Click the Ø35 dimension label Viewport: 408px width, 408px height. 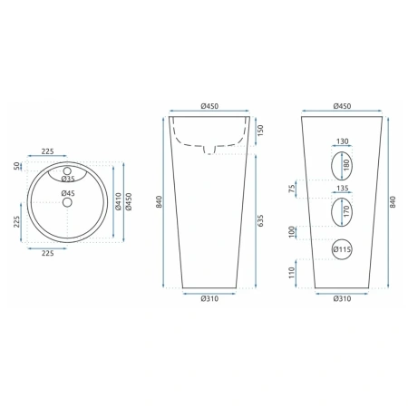68,179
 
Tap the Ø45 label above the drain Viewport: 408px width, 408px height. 68,193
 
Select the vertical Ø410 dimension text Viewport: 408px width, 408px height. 118,201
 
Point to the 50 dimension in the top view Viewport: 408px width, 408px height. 17,166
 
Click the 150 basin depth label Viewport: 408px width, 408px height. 260,130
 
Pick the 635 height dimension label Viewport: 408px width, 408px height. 260,220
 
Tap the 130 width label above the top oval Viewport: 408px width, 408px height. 342,141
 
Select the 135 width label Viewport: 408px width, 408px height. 342,188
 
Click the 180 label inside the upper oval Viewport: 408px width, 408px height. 346,165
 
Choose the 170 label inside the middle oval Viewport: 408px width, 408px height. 346,211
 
